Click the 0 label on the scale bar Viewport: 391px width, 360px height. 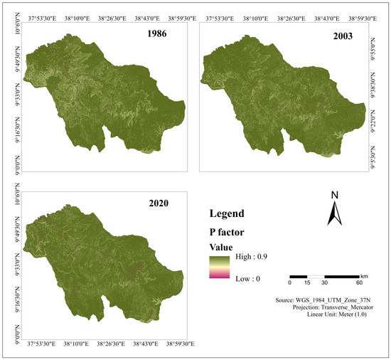coord(290,282)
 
